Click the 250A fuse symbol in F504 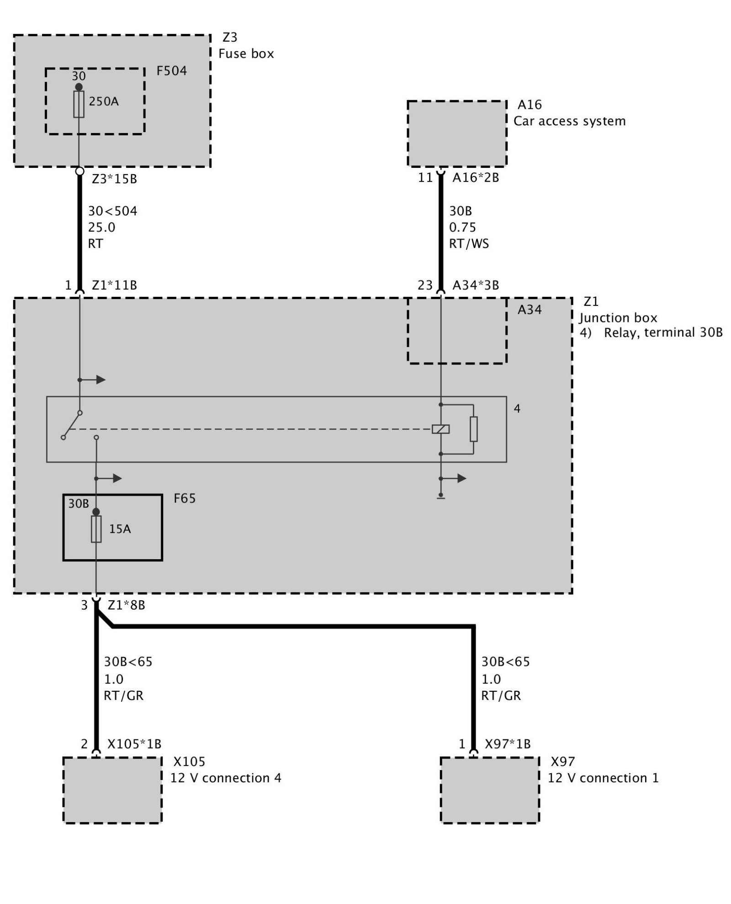(79, 104)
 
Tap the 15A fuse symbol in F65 (96, 529)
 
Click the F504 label (171, 71)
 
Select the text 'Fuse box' (246, 54)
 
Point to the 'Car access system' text (569, 121)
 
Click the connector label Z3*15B (114, 179)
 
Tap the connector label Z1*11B (114, 285)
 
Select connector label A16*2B (476, 177)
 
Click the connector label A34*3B (476, 285)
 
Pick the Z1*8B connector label (126, 605)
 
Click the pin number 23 (425, 285)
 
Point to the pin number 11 (425, 177)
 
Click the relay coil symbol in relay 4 (440, 429)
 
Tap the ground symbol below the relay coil (440, 497)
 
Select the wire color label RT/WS (469, 244)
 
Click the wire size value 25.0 (101, 227)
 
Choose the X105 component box (112, 791)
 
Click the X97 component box (490, 791)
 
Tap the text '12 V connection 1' (603, 778)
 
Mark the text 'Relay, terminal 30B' (663, 332)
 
